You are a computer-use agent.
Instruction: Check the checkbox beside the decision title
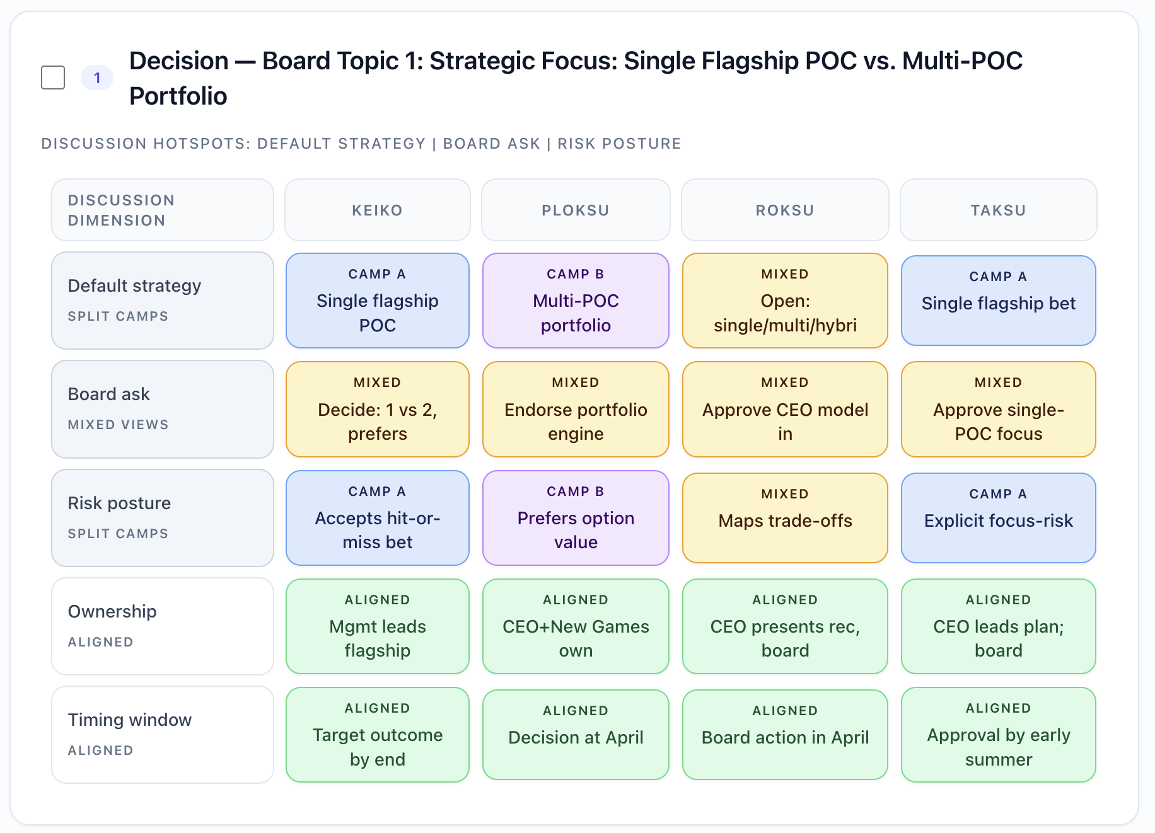(x=53, y=78)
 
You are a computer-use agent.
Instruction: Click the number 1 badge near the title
(x=97, y=78)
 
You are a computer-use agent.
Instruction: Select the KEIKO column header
(x=377, y=210)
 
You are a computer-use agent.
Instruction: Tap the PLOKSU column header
(x=576, y=210)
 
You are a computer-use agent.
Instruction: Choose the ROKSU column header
(x=785, y=210)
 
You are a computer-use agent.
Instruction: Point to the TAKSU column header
(x=999, y=210)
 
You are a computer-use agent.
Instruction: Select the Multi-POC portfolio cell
(x=576, y=301)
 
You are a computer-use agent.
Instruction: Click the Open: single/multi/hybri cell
(x=785, y=301)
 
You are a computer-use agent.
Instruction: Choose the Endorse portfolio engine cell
(x=576, y=409)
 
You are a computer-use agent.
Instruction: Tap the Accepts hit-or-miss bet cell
(x=378, y=518)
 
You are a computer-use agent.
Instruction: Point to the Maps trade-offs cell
(x=785, y=518)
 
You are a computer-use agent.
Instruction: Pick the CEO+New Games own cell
(x=576, y=626)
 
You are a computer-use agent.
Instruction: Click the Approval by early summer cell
(x=999, y=735)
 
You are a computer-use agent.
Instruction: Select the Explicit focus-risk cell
(x=999, y=518)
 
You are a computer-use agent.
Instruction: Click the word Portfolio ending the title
(x=178, y=96)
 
